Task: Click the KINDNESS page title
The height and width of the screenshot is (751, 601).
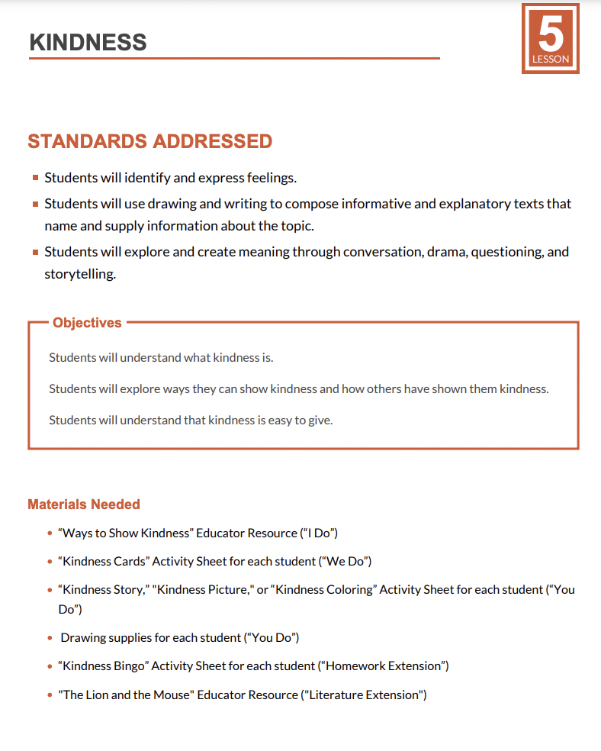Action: tap(88, 42)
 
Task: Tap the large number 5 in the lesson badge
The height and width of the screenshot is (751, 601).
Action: tap(550, 34)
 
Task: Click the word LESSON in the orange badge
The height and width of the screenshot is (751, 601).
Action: tap(551, 60)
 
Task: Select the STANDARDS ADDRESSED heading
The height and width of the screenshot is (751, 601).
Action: tap(149, 141)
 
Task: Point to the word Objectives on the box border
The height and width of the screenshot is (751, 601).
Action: tap(87, 323)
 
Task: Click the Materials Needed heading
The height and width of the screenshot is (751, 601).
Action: tap(84, 504)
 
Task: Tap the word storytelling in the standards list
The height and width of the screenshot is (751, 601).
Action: tap(80, 274)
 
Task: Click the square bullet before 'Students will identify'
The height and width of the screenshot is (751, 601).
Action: tap(36, 178)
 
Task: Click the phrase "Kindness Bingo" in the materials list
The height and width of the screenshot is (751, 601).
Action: tap(103, 666)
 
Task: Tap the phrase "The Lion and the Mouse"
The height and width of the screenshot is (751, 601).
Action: tap(126, 695)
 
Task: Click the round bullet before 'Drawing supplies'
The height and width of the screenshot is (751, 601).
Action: tap(50, 637)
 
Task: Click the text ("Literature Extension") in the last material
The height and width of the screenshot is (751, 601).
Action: tap(364, 695)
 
